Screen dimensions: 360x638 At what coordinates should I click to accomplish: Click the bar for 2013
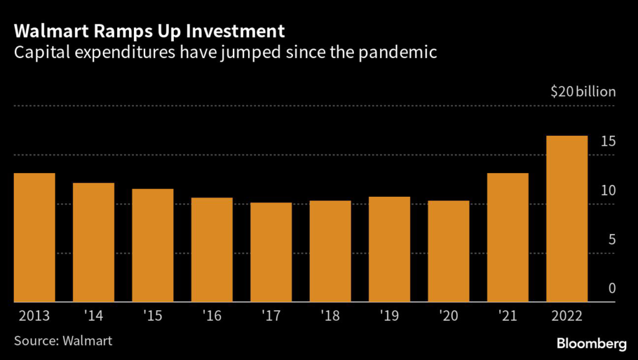click(34, 237)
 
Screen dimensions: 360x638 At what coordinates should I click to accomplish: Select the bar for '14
click(93, 242)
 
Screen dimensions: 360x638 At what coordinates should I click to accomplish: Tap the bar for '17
click(271, 252)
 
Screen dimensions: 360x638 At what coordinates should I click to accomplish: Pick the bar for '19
click(389, 249)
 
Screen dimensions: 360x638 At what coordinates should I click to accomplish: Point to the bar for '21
click(508, 237)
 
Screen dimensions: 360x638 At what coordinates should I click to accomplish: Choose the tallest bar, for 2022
click(567, 219)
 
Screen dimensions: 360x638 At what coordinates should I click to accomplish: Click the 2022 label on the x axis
click(566, 316)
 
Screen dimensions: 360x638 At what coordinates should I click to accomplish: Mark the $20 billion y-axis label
click(583, 92)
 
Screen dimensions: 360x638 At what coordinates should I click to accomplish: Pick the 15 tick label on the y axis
click(608, 142)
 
